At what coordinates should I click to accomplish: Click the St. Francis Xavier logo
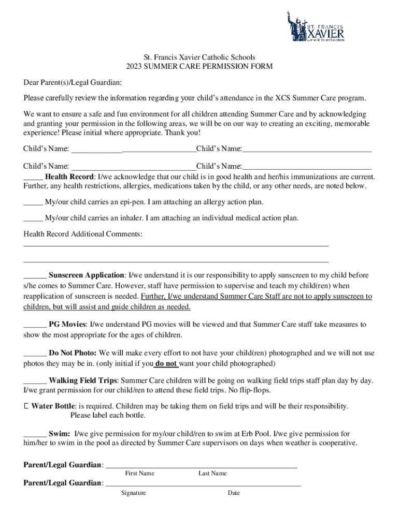click(315, 26)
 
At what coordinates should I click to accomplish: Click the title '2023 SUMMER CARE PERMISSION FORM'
click(199, 67)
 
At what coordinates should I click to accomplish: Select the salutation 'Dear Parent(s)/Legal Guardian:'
click(73, 82)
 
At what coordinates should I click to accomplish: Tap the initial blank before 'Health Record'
click(33, 176)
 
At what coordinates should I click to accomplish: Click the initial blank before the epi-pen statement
click(33, 202)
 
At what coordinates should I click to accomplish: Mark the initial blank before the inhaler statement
click(33, 218)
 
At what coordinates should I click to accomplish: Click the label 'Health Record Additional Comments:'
click(82, 234)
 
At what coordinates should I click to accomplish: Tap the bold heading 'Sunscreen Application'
click(87, 275)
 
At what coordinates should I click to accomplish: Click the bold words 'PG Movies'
click(67, 325)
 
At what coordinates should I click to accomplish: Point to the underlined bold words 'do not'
click(167, 363)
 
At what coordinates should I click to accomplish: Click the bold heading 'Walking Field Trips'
click(83, 380)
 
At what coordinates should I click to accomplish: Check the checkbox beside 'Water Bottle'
click(26, 406)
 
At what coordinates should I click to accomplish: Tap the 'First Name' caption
click(139, 473)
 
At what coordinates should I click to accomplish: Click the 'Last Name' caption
click(212, 473)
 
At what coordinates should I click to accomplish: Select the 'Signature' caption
click(134, 493)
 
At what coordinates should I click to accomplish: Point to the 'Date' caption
click(234, 493)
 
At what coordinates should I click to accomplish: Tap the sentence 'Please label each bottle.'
click(108, 415)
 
